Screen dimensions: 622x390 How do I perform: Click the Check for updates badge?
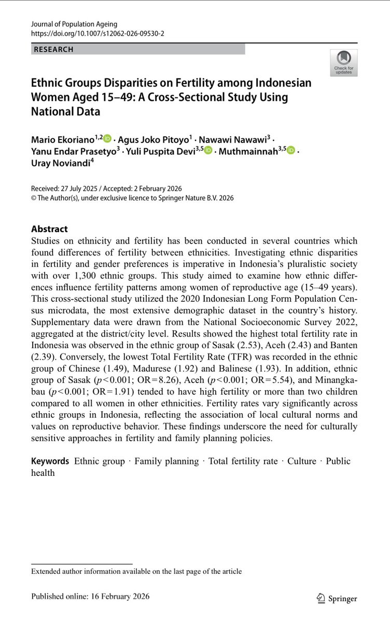[x=343, y=63]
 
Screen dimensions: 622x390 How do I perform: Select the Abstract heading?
[x=49, y=229]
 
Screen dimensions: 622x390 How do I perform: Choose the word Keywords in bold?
[x=50, y=461]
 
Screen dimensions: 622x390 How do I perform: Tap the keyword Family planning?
[x=166, y=461]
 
